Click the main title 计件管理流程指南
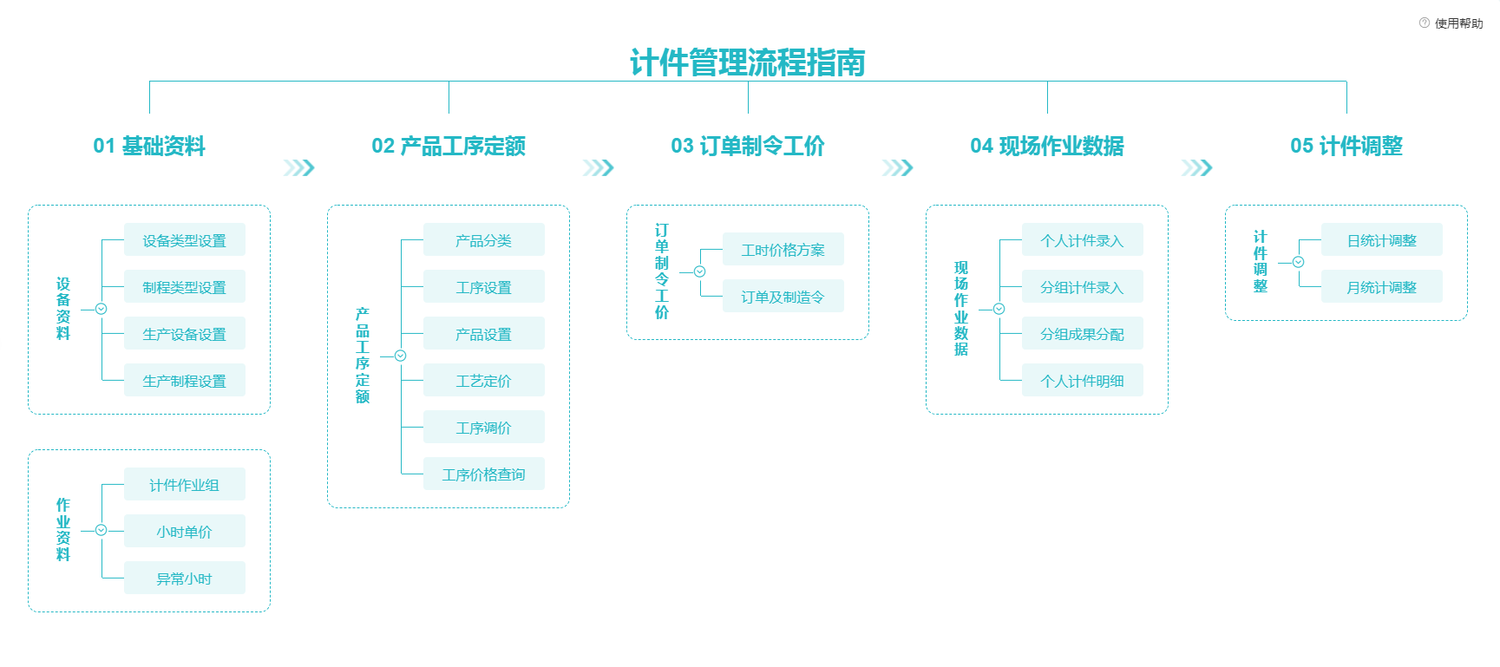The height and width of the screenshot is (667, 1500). [x=747, y=62]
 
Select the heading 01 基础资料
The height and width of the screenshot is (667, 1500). [x=149, y=146]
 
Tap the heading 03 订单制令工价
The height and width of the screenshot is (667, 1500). [x=747, y=146]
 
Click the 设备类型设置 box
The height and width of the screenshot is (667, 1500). [x=184, y=240]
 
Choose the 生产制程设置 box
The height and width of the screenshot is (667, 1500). [x=184, y=381]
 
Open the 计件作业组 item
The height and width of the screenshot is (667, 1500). [x=184, y=485]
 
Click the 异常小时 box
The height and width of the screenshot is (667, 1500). [x=184, y=579]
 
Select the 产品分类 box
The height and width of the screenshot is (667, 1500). [x=483, y=240]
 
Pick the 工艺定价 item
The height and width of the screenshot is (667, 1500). [x=483, y=381]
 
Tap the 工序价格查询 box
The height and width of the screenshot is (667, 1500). [x=483, y=474]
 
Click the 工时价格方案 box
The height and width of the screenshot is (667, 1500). [x=783, y=250]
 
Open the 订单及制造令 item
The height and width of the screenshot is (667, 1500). [x=783, y=297]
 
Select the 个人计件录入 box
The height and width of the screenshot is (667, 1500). [x=1082, y=240]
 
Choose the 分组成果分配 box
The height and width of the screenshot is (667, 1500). [x=1082, y=334]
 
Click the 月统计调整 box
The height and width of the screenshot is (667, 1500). [x=1381, y=287]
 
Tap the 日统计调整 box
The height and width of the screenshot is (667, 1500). [x=1381, y=240]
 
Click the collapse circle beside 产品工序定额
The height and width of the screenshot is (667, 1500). [x=400, y=356]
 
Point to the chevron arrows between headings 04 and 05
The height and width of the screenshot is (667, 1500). [x=1196, y=167]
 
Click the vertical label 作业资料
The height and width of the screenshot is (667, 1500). [x=63, y=529]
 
